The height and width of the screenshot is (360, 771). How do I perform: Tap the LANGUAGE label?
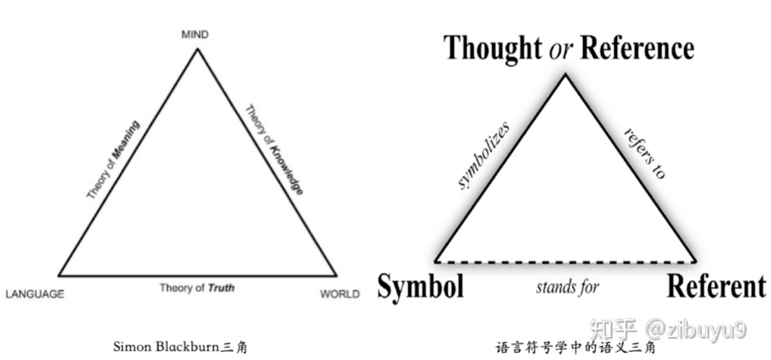[35, 294]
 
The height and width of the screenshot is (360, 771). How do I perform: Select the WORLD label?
[339, 294]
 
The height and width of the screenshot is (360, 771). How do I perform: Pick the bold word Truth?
[221, 288]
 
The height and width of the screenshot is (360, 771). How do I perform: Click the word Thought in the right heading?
[492, 48]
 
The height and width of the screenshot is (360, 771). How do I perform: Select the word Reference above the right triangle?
[637, 48]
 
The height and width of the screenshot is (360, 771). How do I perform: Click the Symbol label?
[420, 286]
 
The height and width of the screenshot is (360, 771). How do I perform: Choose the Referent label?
[715, 286]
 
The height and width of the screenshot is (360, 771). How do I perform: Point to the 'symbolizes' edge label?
[484, 155]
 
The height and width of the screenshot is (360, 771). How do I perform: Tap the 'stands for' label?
[568, 287]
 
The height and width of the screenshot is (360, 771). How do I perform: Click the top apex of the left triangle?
[197, 48]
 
